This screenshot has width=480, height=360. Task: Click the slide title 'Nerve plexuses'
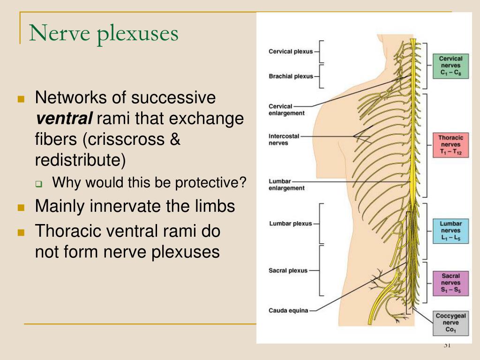[x=104, y=34]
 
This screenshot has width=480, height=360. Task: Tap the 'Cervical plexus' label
[x=290, y=52]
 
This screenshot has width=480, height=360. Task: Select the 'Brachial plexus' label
[x=291, y=76]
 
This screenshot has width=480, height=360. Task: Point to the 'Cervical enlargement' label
[x=286, y=110]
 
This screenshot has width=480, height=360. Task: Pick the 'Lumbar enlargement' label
[x=286, y=185]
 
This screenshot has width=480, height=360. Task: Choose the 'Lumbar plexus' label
[x=290, y=224]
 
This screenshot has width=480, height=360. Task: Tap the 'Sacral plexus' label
[x=288, y=270]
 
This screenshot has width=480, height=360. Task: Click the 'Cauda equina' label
[x=288, y=310]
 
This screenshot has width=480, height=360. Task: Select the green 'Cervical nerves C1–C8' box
[x=450, y=66]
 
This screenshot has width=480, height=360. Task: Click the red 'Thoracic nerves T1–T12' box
[x=450, y=145]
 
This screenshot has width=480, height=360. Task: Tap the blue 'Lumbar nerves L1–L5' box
[x=450, y=231]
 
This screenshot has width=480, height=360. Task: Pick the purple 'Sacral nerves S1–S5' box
[x=450, y=283]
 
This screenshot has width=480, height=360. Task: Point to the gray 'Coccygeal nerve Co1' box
[x=450, y=323]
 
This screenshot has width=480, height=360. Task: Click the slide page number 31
[x=447, y=345]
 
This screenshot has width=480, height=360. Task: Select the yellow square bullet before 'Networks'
[x=21, y=99]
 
